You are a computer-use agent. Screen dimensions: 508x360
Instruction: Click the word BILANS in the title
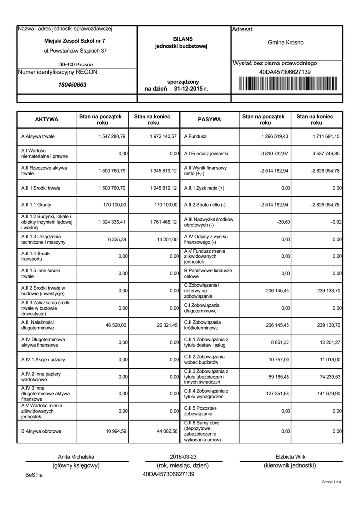pyautogui.click(x=183, y=39)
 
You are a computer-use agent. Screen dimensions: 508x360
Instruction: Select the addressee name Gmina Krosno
pyautogui.click(x=286, y=43)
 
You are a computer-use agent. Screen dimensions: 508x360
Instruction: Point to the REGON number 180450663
pyautogui.click(x=72, y=85)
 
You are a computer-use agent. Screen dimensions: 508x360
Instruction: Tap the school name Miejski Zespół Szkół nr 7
pyautogui.click(x=74, y=40)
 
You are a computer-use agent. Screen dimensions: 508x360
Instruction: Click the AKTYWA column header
pyautogui.click(x=46, y=120)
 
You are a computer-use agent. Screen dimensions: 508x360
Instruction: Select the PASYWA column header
pyautogui.click(x=210, y=120)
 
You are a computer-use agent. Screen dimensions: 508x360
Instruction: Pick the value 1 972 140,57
pyautogui.click(x=162, y=136)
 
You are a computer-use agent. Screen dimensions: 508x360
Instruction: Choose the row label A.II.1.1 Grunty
pyautogui.click(x=36, y=205)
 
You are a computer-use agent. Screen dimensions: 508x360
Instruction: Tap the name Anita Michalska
pyautogui.click(x=76, y=457)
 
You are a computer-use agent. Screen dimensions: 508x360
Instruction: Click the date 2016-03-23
pyautogui.click(x=183, y=457)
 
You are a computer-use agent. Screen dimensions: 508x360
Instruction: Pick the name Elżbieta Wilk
pyautogui.click(x=290, y=457)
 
